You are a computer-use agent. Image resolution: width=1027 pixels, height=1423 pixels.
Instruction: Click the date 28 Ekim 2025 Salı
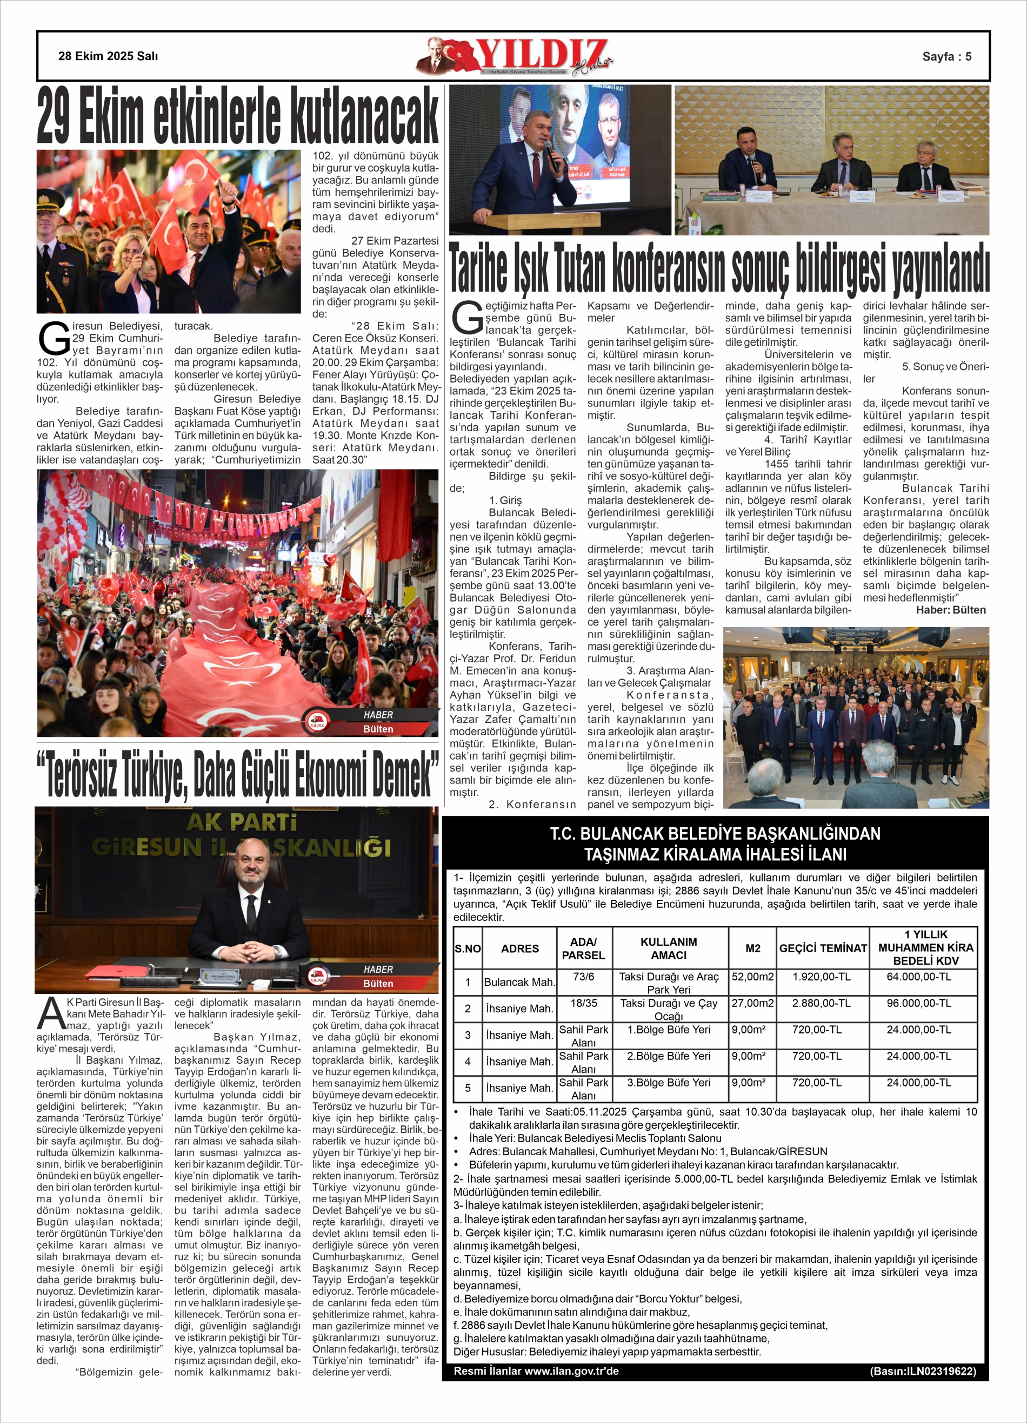point(108,56)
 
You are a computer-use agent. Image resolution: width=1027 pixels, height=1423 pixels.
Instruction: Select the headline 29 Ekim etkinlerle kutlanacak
point(238,117)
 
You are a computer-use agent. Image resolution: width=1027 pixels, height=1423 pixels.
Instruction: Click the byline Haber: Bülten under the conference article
point(950,610)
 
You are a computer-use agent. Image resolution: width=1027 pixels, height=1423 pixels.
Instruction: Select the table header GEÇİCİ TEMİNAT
point(823,948)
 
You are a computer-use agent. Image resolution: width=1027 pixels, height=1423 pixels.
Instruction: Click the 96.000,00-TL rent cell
point(918,1003)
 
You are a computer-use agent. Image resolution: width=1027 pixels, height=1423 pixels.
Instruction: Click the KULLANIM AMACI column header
point(669,948)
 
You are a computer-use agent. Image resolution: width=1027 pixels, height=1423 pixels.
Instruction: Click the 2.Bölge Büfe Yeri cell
point(669,1056)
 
